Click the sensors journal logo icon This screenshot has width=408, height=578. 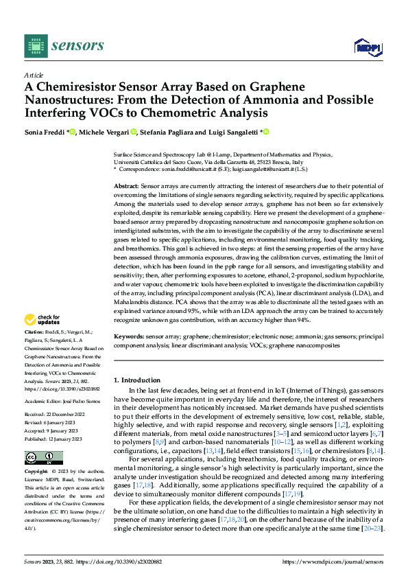click(36, 45)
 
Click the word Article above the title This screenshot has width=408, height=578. click(34, 75)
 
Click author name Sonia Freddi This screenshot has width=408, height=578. click(46, 132)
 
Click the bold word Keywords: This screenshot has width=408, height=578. click(128, 337)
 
